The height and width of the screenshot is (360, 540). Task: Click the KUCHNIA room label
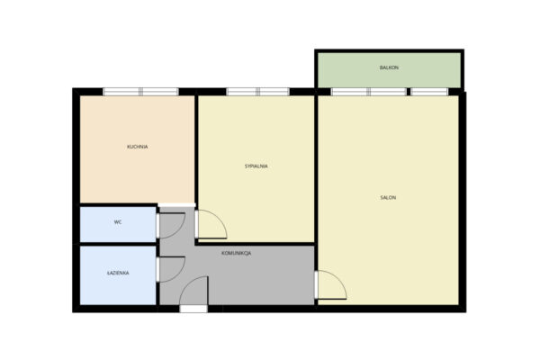point(138,147)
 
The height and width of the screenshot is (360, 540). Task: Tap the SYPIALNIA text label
point(256,166)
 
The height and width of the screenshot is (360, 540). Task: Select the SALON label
point(388,197)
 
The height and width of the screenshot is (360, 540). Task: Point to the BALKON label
point(389,67)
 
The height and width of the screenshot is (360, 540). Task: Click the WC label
point(118,222)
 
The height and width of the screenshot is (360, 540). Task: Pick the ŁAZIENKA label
point(118,273)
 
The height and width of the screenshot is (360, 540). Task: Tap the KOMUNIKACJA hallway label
point(236,253)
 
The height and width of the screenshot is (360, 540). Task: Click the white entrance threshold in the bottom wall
point(193,309)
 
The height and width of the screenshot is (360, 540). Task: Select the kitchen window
point(140,92)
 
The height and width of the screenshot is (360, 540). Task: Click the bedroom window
point(257,92)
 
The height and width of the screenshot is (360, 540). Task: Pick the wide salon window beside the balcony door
point(369,92)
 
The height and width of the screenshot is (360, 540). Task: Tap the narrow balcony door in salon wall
point(429,92)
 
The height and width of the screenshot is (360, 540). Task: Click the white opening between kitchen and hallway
point(177,205)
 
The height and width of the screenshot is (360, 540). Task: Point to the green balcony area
point(389,70)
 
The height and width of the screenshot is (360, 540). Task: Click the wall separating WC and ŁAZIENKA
point(118,244)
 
